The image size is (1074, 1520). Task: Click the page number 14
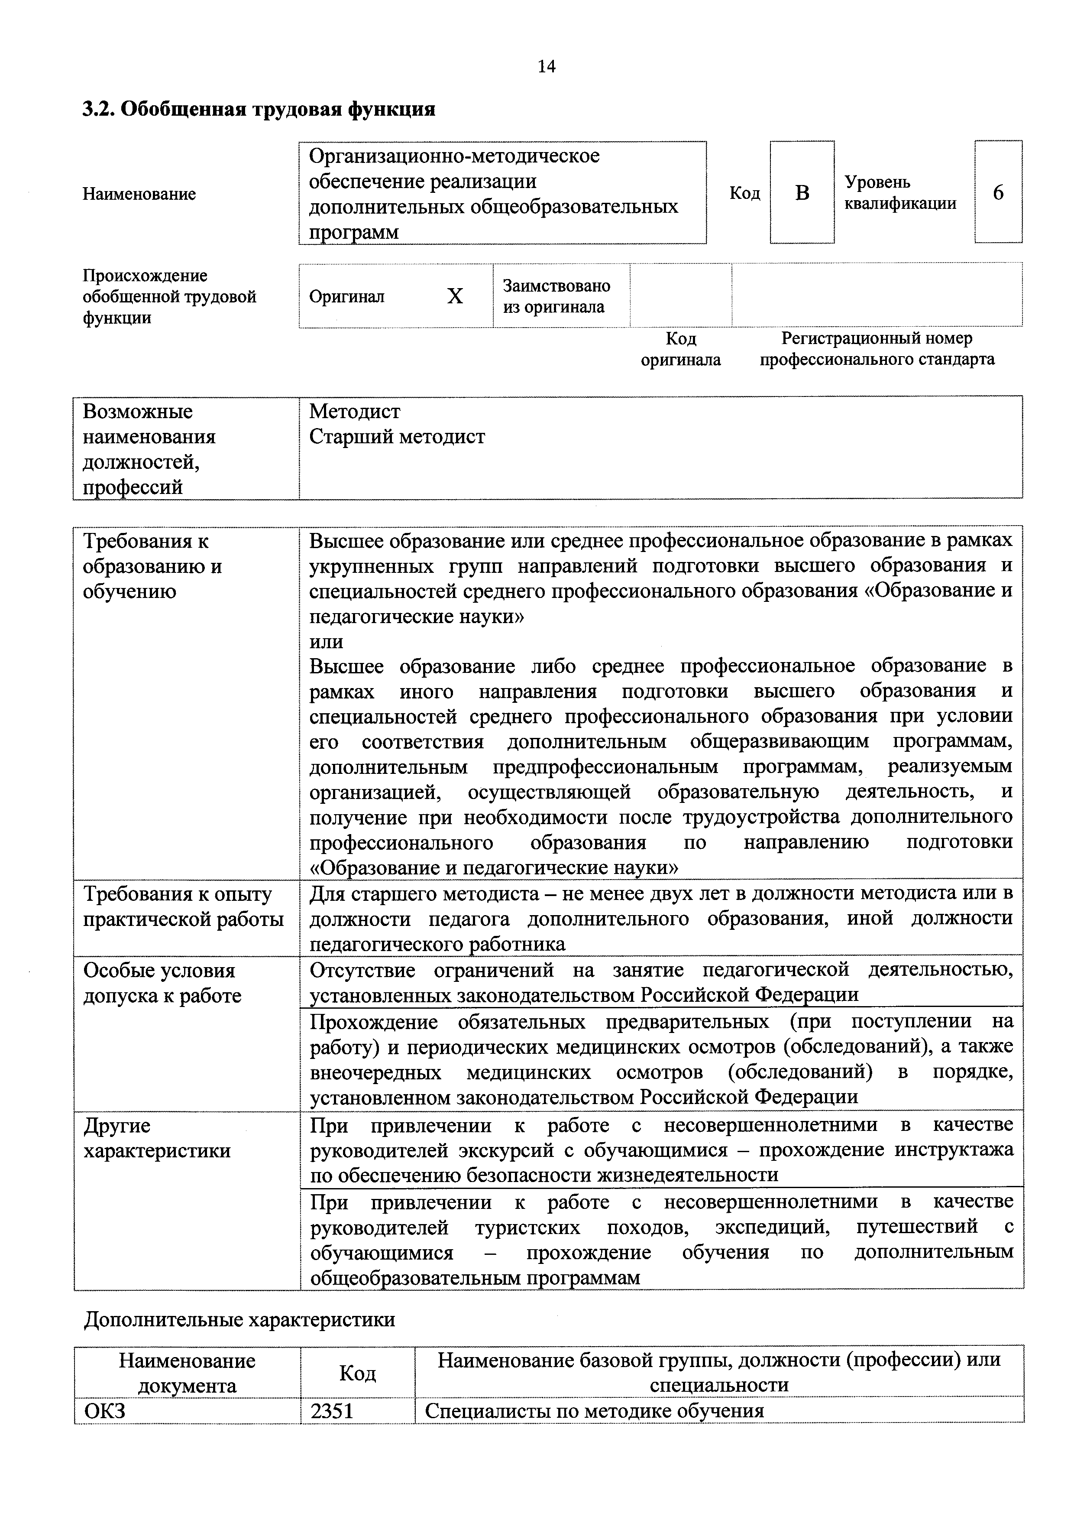tap(546, 66)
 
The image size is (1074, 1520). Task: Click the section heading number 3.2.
tap(98, 109)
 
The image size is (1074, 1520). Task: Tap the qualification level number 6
tap(997, 193)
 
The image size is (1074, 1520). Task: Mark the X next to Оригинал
tap(455, 296)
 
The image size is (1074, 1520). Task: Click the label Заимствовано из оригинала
tap(556, 296)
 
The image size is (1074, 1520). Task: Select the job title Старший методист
tap(397, 437)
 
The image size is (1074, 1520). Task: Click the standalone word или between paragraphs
tap(326, 642)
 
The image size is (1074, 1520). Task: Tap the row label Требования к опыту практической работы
tap(183, 906)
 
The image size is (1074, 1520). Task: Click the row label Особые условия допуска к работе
tap(162, 983)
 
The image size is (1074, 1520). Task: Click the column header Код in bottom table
tap(357, 1373)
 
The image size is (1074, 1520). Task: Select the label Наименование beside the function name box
tap(139, 194)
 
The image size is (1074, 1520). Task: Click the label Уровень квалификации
tap(899, 193)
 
